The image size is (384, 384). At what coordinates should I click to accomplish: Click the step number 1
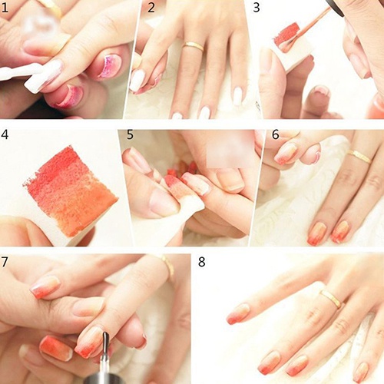7,8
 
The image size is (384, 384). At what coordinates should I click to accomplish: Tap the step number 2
151,8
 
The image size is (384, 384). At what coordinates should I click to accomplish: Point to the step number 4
7,135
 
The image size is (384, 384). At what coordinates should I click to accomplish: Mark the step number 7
7,263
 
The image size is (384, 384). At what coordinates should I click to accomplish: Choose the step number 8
201,263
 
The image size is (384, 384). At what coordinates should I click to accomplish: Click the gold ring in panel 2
194,47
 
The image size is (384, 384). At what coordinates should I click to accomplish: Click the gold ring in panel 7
166,266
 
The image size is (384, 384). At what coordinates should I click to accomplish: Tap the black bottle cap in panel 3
335,6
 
